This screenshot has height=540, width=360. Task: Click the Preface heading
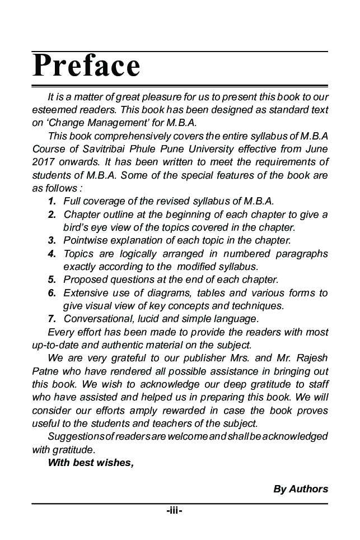(x=86, y=66)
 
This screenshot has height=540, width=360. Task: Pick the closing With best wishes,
(x=91, y=462)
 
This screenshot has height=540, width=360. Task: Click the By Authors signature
(x=300, y=489)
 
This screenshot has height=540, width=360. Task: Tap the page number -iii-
(x=174, y=510)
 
